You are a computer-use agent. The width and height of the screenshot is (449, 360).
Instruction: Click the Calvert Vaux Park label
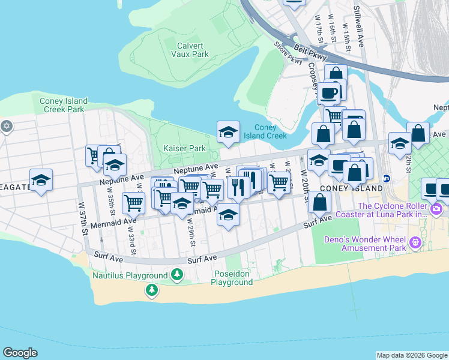(x=193, y=50)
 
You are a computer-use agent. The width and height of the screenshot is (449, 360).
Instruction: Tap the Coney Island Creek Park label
(x=64, y=105)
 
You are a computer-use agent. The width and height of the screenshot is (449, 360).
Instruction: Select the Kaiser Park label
(x=184, y=148)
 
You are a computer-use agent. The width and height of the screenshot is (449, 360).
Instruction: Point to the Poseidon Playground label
(x=232, y=278)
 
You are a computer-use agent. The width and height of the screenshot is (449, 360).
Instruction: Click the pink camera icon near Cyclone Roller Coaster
(x=436, y=210)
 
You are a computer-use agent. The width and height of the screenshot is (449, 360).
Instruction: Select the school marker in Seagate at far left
(x=41, y=179)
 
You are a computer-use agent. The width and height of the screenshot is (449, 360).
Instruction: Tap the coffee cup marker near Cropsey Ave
(x=329, y=93)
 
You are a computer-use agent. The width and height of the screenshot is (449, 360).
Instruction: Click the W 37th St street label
(x=82, y=216)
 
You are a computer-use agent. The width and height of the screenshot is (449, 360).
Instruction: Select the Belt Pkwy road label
(x=310, y=52)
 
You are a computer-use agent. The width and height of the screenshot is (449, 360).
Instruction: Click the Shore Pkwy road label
(x=288, y=53)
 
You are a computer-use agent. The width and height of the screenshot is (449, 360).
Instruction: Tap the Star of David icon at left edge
(x=7, y=127)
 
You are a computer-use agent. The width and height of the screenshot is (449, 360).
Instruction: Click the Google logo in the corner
(x=20, y=352)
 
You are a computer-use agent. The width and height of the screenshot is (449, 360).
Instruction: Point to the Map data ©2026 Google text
(x=412, y=355)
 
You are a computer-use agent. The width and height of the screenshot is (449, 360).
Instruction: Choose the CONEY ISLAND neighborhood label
(x=351, y=188)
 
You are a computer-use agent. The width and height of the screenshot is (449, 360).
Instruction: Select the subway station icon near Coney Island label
(x=387, y=178)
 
